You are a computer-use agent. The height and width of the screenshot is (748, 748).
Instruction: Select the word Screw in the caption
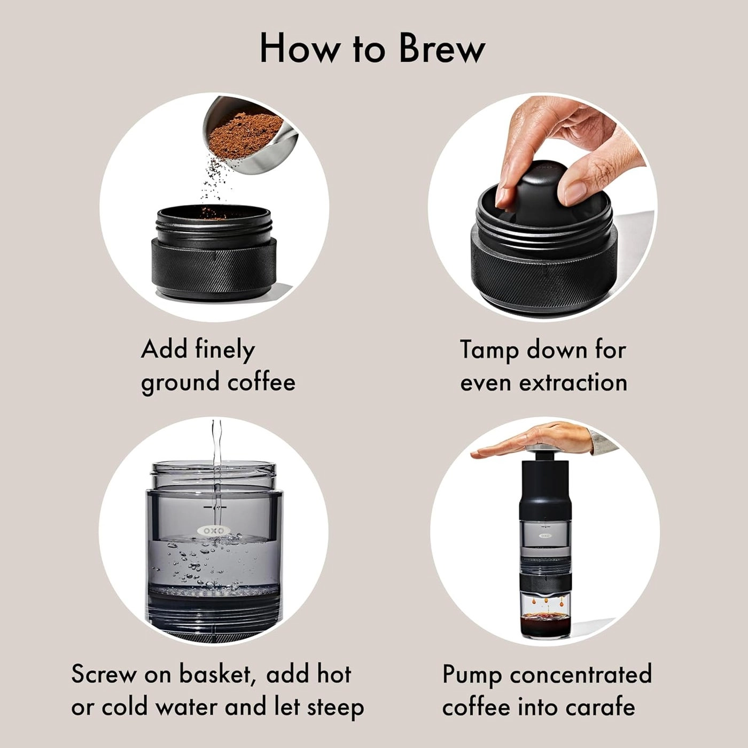click(103, 674)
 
